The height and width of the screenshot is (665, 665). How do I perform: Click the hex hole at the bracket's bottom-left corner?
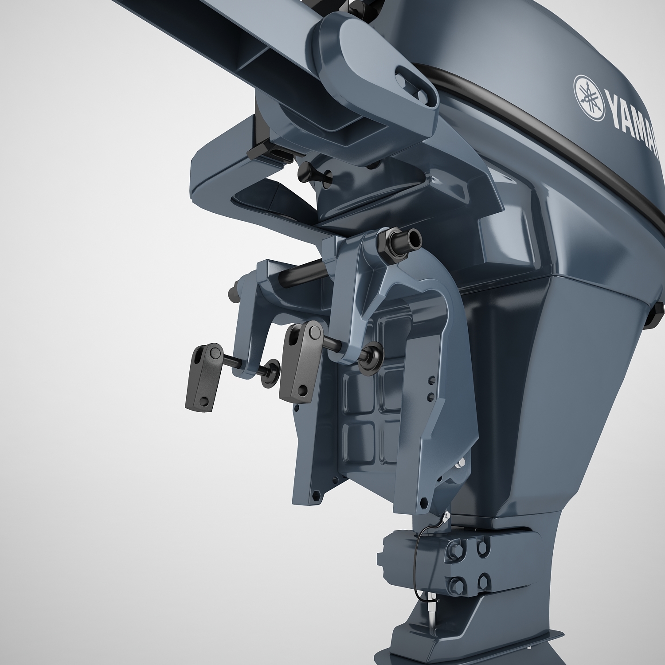point(316,494)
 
